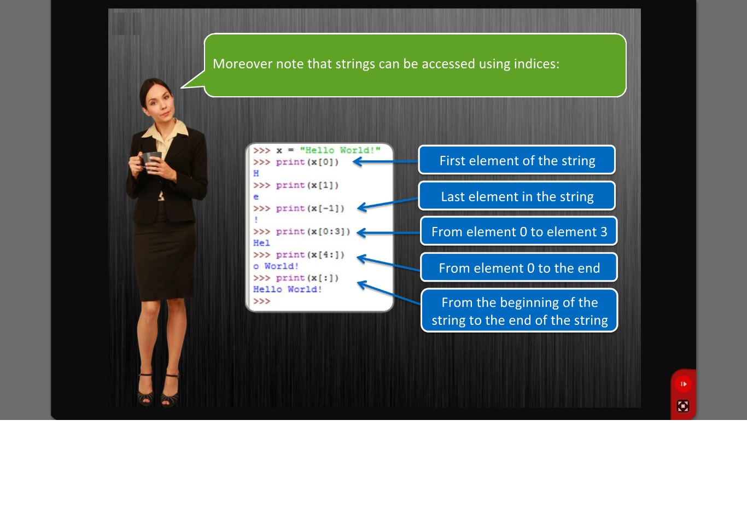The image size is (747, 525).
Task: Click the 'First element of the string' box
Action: pos(517,160)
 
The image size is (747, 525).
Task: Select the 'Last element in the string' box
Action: pos(517,196)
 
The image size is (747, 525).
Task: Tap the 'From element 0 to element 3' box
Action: pos(518,232)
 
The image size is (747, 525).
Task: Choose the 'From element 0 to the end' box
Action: pos(518,268)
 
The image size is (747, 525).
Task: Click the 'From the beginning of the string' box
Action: pos(519,311)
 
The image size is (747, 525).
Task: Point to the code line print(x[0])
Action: pos(307,162)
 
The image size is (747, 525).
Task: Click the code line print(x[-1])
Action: pos(310,208)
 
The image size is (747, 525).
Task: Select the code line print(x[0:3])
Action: pos(312,232)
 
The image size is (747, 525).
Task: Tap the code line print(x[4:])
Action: pos(310,255)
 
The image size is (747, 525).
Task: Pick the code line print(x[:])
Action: pos(307,278)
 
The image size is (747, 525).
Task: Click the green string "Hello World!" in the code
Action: pos(340,150)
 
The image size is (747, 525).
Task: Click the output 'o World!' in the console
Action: pos(276,266)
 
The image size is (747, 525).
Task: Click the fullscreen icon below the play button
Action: pos(683,406)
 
